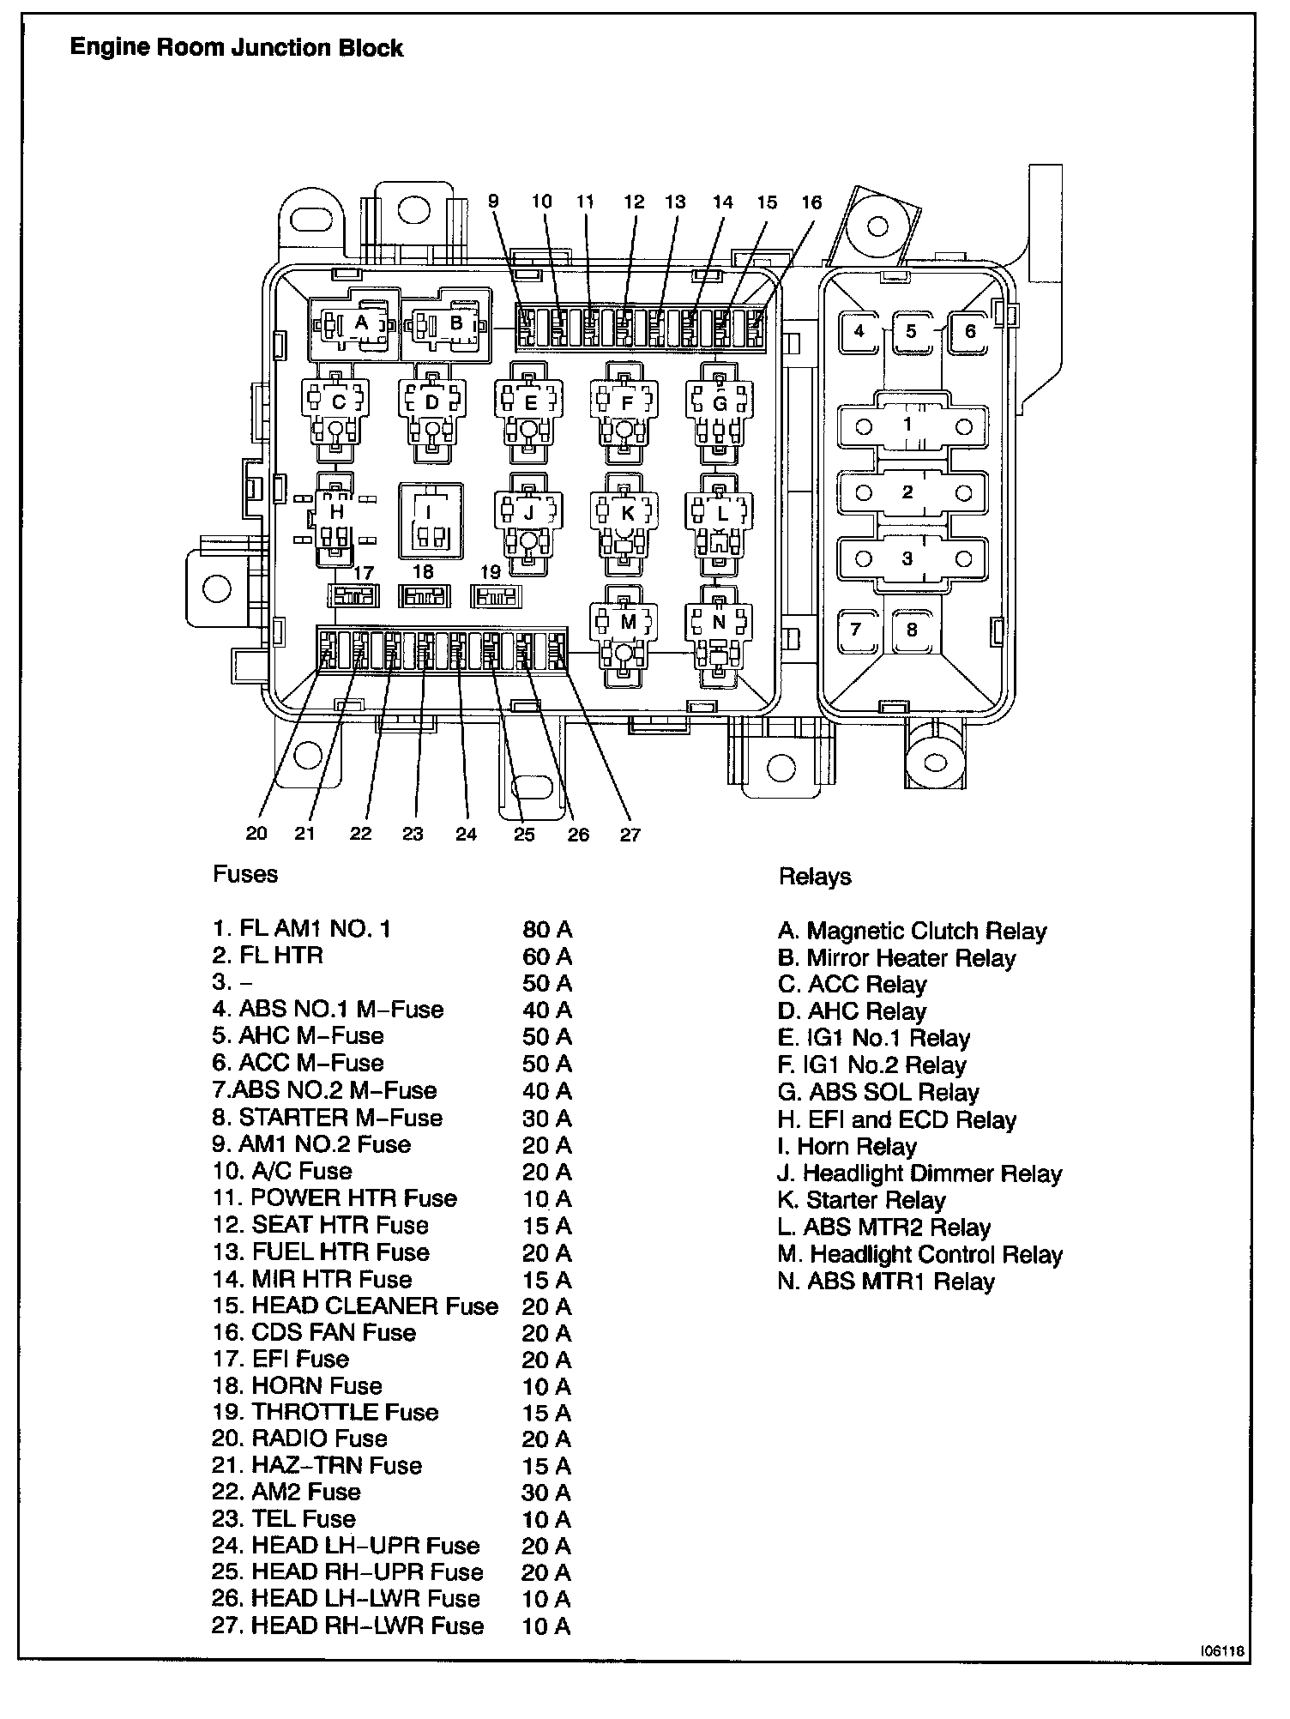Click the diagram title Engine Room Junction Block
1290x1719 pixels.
tap(236, 47)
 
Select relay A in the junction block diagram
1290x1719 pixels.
tap(360, 324)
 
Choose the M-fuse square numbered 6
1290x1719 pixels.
tap(970, 332)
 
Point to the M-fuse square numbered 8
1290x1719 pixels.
tap(912, 630)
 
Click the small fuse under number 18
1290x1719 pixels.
tap(424, 596)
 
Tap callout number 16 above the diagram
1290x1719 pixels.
tap(811, 202)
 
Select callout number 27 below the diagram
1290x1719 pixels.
tap(630, 835)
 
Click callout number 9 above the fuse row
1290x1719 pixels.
tap(493, 202)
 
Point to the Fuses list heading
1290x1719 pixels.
tap(245, 875)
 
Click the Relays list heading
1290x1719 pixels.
tap(815, 877)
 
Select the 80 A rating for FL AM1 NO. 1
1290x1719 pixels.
tap(546, 930)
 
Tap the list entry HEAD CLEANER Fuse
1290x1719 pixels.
tap(355, 1306)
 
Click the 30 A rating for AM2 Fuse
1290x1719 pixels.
tap(546, 1493)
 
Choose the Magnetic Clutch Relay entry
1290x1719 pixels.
tap(913, 932)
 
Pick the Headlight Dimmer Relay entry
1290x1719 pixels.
tap(919, 1173)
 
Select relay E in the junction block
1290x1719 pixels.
tap(530, 403)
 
